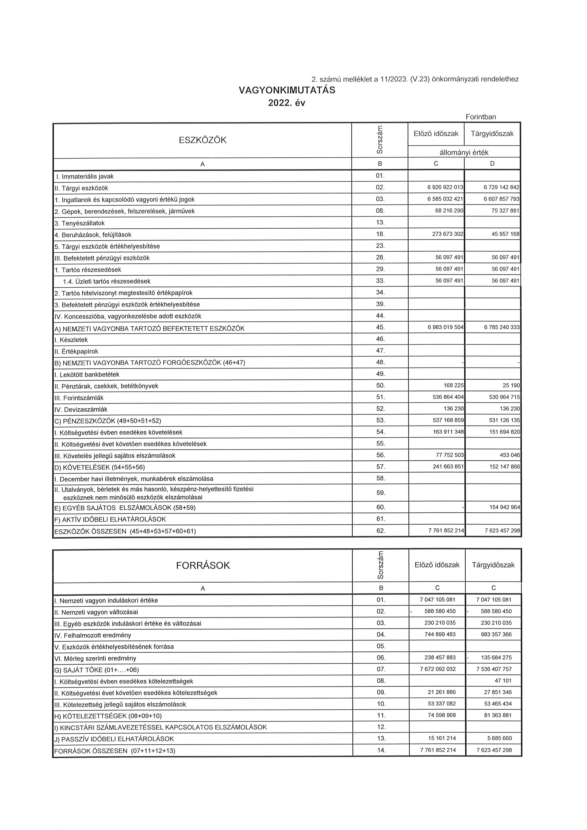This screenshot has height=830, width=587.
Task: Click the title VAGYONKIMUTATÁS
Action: click(287, 90)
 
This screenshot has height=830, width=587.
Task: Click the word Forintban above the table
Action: click(481, 117)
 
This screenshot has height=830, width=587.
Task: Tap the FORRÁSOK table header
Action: click(203, 565)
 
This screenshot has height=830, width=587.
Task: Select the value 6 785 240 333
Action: click(502, 328)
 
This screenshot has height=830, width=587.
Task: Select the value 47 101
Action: click(503, 681)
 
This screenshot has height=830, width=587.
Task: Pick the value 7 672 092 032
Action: click(437, 669)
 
